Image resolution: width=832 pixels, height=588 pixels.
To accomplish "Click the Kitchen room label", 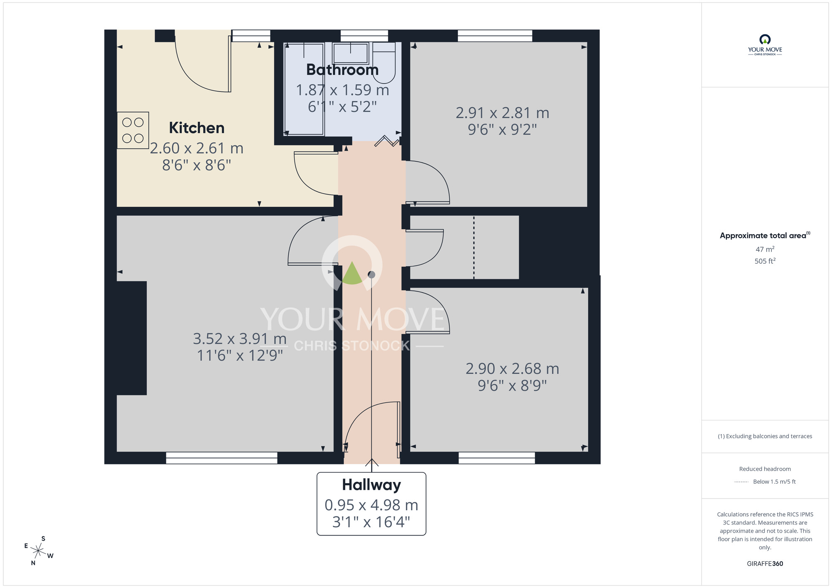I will (x=196, y=128).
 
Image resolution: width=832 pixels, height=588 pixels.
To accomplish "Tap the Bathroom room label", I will (x=342, y=69).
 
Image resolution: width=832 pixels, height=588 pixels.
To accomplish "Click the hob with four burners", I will (x=133, y=130).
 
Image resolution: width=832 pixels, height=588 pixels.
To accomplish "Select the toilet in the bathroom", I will (x=384, y=62).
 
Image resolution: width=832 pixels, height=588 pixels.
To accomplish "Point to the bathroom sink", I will (x=351, y=53).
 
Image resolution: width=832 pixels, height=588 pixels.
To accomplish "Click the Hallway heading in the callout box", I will (x=371, y=485).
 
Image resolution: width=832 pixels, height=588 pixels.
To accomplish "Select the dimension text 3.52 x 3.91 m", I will (x=240, y=339).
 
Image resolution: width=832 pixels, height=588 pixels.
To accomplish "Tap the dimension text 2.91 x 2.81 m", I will (x=502, y=113).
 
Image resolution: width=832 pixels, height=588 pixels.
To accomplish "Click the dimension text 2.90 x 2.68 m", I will (x=512, y=368).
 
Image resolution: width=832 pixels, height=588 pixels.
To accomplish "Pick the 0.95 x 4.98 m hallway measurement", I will (x=371, y=505).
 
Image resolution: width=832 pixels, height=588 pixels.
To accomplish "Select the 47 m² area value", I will (x=765, y=250).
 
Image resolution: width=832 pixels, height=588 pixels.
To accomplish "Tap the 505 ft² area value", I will (x=765, y=261).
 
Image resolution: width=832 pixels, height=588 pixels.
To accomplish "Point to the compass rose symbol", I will (x=38, y=551).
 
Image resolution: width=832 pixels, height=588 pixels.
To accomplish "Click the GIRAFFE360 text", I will (x=765, y=564).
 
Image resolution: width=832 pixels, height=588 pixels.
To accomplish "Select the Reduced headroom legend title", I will (x=765, y=469).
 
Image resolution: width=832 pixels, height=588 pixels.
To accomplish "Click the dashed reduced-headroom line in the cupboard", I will (x=474, y=247).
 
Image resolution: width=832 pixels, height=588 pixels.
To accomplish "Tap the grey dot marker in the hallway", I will (x=371, y=274).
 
